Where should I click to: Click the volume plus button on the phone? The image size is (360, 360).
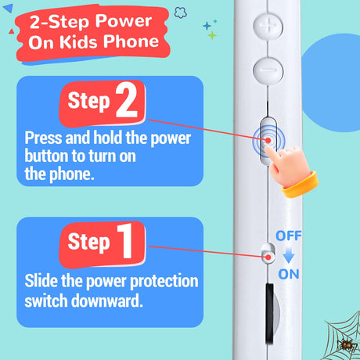click(268, 26)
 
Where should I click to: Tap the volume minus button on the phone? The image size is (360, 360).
click(268, 70)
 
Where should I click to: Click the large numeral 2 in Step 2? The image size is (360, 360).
click(127, 100)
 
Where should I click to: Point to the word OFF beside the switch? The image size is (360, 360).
click(289, 236)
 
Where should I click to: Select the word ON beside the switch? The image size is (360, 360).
click(289, 274)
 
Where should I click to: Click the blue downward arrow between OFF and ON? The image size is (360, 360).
click(289, 255)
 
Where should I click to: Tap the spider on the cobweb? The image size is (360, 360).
click(347, 345)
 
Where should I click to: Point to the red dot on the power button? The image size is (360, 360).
click(268, 141)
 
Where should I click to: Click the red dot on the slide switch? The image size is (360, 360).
click(268, 257)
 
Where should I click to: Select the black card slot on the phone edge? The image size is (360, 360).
click(270, 314)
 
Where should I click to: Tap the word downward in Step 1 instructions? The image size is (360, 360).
click(107, 301)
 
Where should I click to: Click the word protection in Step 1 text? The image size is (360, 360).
click(164, 282)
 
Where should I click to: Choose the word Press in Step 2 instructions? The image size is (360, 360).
click(44, 138)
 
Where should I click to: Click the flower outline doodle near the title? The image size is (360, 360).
click(181, 13)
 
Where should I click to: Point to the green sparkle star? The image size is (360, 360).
click(212, 35)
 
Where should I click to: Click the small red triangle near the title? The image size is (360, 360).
click(11, 31)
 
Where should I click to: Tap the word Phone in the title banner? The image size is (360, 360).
click(131, 41)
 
